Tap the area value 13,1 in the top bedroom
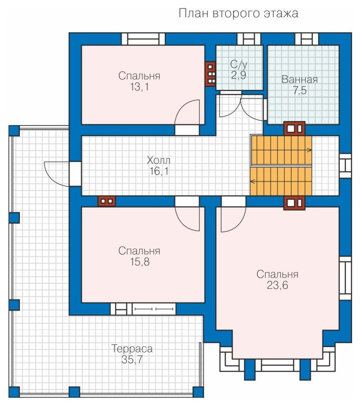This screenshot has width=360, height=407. pos(140,87)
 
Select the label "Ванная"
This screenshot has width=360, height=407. pos(300,79)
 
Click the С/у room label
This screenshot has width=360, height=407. pos(239,65)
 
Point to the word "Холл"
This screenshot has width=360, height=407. pos(158,160)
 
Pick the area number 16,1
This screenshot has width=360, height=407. pos(159,171)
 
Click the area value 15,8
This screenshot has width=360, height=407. pos(140,262)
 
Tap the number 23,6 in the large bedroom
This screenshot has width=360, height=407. pos(277,285)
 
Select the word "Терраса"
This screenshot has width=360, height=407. pos(132,348)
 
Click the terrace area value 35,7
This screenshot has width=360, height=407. pos(132,360)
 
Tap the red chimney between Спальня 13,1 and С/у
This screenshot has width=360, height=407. pos(211,74)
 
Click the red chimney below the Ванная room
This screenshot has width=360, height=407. pos(294,129)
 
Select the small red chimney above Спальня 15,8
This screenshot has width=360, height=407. pos(107,201)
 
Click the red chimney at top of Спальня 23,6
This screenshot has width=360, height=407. pos(294,203)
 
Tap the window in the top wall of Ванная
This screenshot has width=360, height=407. pos(307,39)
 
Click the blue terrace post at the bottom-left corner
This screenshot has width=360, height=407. pos(14,392)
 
